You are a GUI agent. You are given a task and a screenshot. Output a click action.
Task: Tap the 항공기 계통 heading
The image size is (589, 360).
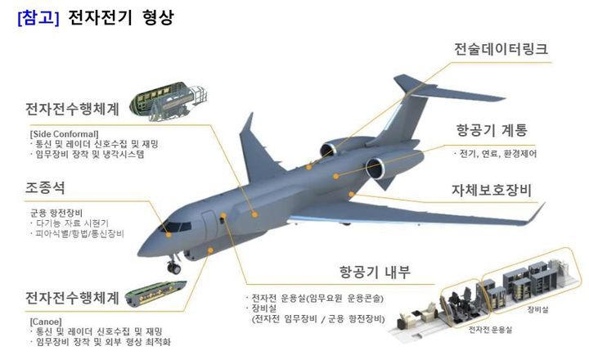pyautogui.click(x=492, y=130)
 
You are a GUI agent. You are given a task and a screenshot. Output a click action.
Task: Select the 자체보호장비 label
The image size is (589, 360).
pyautogui.click(x=492, y=191)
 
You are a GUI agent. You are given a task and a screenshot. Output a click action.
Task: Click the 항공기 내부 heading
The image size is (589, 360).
pyautogui.click(x=375, y=272)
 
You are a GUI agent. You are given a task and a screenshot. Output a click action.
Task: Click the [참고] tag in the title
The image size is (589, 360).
pyautogui.click(x=38, y=17)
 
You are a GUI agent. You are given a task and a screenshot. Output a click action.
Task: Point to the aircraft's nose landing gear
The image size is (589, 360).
pyautogui.click(x=173, y=266)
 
